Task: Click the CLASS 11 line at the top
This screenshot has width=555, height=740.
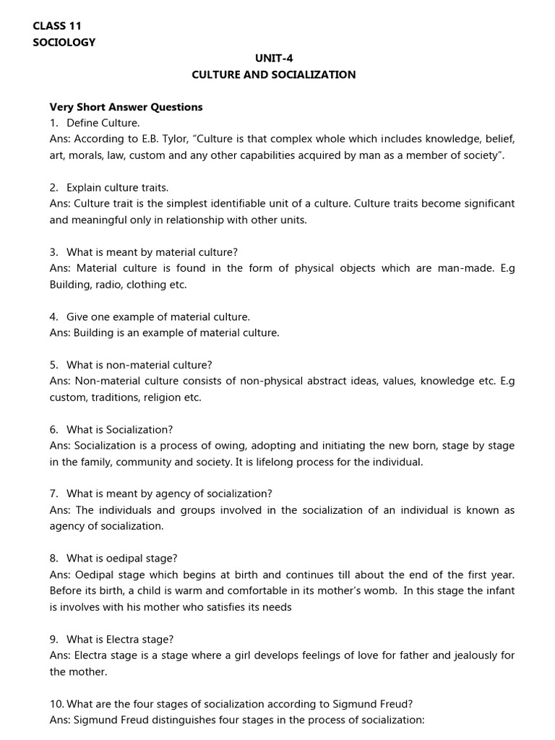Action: point(57,25)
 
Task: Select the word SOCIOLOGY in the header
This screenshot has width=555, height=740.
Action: point(64,42)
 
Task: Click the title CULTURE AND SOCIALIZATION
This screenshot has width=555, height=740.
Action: point(273,75)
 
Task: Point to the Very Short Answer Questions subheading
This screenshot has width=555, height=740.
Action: point(126,107)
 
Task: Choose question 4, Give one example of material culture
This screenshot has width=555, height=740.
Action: point(158,317)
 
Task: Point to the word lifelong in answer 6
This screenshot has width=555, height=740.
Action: point(262,462)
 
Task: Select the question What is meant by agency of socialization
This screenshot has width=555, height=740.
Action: point(168,494)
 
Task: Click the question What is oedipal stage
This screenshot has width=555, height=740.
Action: point(121,559)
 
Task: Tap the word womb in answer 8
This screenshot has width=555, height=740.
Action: point(376,591)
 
